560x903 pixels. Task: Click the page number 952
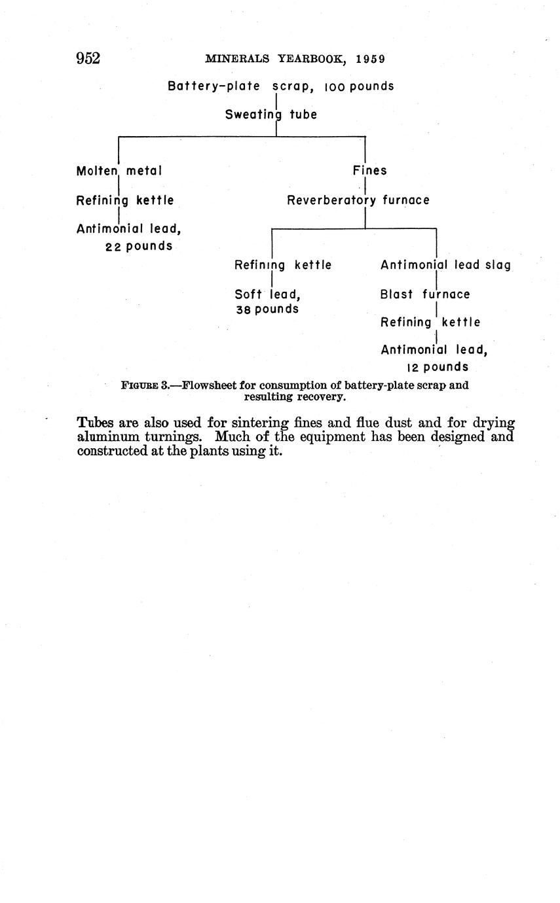[x=88, y=58]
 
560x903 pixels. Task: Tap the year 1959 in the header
[x=371, y=59]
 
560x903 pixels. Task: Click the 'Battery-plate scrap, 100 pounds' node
[x=281, y=86]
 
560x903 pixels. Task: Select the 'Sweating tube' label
[x=271, y=115]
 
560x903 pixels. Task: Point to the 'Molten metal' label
[x=119, y=171]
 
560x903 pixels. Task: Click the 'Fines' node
[x=369, y=171]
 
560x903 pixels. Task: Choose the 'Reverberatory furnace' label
[x=358, y=200]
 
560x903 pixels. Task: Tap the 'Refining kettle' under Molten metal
[x=125, y=200]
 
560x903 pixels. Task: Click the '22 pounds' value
[x=139, y=247]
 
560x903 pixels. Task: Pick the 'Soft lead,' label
[x=267, y=294]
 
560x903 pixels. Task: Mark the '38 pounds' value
[x=267, y=309]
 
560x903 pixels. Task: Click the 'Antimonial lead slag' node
[x=445, y=265]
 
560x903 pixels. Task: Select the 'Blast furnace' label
[x=425, y=294]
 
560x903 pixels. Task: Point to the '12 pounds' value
[x=438, y=367]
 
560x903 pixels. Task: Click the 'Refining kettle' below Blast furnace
[x=430, y=323]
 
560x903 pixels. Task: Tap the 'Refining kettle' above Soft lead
[x=283, y=265]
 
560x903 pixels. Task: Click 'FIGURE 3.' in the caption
[x=145, y=385]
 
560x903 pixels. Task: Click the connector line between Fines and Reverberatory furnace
[x=365, y=186]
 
